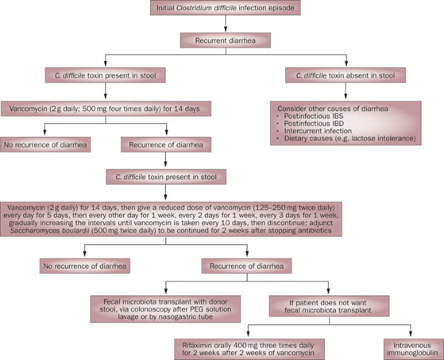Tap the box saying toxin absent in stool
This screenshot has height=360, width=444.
(345, 76)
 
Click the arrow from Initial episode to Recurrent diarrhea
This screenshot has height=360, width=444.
(224, 26)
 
